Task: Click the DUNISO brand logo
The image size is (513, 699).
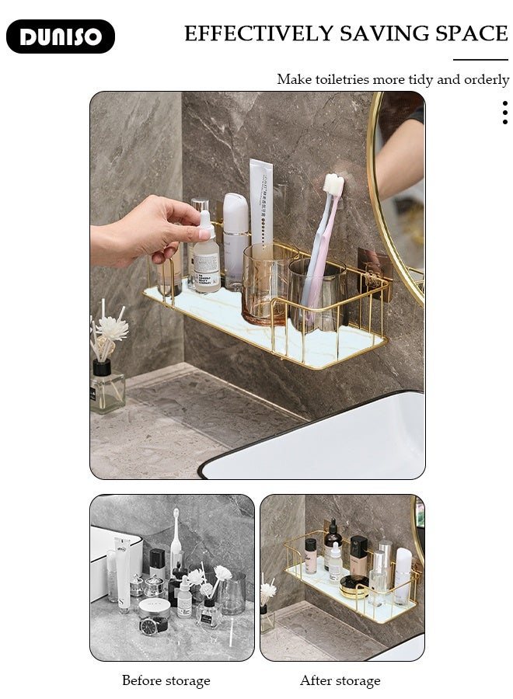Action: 61,37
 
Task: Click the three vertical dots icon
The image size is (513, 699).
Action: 505,113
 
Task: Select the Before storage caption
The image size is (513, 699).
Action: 166,681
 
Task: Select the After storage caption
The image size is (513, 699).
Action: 340,681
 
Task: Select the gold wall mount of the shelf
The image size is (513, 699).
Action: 374,272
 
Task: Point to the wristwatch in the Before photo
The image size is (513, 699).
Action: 149,626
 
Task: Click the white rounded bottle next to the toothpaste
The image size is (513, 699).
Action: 236,237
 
